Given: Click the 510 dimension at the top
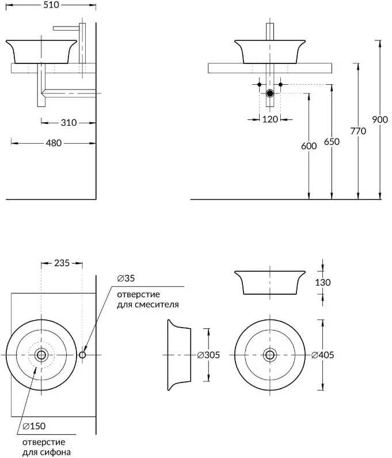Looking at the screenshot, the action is point(51,5).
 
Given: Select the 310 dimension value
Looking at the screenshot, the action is point(68,123).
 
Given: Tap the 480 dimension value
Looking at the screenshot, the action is point(54,143).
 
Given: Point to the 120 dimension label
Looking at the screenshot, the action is point(270,119).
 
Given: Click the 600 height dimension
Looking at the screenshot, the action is point(309,146).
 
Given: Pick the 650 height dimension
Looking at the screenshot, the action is point(332,142).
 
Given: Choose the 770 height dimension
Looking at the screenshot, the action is point(358,131).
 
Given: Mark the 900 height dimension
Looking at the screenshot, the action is point(380,119).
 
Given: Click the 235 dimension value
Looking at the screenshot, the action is point(62,263).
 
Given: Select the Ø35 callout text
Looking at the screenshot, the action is point(126,279).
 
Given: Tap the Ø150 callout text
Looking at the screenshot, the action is point(34,426).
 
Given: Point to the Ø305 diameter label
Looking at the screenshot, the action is point(209,355).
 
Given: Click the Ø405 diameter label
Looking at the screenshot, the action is point(322,355).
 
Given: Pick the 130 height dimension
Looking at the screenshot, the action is point(323,283).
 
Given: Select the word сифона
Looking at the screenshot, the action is point(55,452).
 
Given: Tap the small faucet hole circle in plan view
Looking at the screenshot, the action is point(82,355).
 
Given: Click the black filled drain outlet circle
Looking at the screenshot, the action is point(270,93).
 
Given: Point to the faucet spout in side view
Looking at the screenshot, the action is point(66,28).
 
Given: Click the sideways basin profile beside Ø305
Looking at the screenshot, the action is point(179,355).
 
